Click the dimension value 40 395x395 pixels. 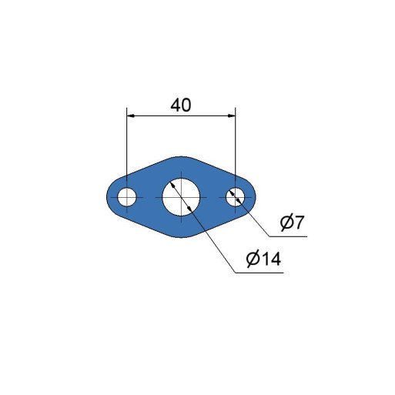pos(181,105)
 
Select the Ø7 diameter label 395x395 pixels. pos(292,223)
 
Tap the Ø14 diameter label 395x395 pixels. pos(263,259)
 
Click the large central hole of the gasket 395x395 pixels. pos(181,197)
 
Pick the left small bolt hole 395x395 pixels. pos(127,197)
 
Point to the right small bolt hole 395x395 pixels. pos(235,197)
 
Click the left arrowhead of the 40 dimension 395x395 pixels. pos(130,116)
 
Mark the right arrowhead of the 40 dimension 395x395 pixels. pos(232,116)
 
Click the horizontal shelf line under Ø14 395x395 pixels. pos(259,273)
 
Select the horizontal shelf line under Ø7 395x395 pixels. pos(288,236)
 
